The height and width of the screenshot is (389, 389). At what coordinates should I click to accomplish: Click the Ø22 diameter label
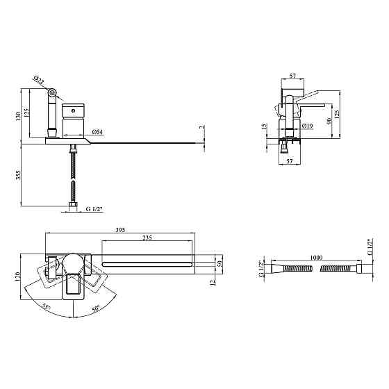click(x=38, y=80)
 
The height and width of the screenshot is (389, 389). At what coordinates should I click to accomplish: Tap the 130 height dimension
click(x=18, y=116)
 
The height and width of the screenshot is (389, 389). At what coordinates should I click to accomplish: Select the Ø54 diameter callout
click(x=97, y=132)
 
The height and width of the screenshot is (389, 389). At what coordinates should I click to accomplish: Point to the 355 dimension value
click(x=18, y=175)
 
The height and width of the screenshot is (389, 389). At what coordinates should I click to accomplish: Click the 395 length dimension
click(x=120, y=230)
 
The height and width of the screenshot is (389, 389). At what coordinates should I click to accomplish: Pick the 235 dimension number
click(x=147, y=238)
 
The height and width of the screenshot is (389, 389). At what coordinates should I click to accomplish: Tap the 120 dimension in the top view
click(x=18, y=277)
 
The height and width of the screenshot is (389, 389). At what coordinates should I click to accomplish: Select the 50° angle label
click(x=96, y=308)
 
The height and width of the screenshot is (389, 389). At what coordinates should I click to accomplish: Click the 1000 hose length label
click(x=316, y=258)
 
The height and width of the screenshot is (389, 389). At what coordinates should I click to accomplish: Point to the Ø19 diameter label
click(x=308, y=126)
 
